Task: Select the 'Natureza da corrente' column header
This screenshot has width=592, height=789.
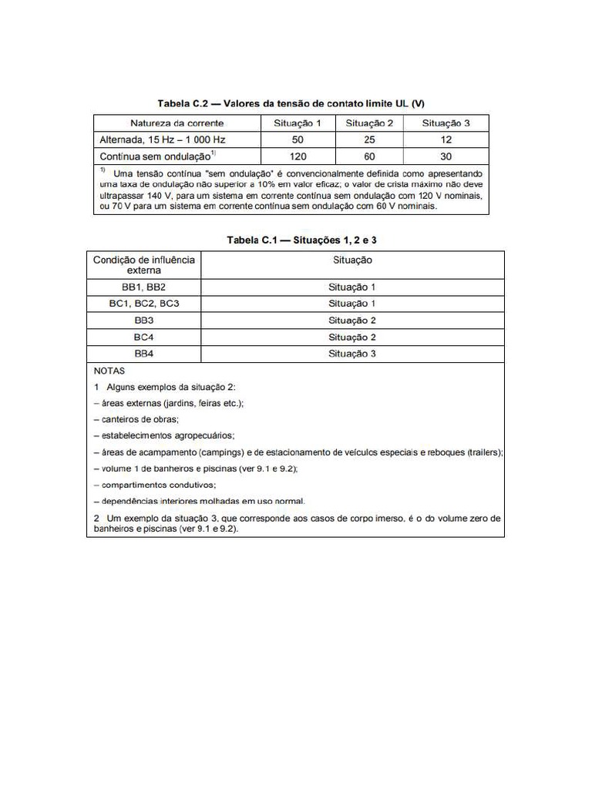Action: (x=177, y=123)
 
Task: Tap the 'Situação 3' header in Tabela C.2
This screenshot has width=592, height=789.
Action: (x=446, y=123)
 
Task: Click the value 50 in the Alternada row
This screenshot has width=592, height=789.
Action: (x=298, y=139)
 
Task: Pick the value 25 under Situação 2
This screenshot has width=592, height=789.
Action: (x=369, y=139)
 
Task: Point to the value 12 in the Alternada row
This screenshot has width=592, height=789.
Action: (x=446, y=139)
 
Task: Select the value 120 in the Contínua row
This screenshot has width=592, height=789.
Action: (x=298, y=156)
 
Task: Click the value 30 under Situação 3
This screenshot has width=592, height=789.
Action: (x=446, y=156)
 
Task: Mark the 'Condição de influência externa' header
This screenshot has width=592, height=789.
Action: (x=144, y=265)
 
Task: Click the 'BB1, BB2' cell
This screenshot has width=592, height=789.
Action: (x=144, y=287)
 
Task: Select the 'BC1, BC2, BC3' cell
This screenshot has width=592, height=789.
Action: (x=144, y=304)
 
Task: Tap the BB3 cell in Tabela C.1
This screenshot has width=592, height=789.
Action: (x=144, y=321)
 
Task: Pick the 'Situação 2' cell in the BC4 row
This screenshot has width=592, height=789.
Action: (x=352, y=337)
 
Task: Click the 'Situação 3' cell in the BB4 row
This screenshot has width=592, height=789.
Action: (x=352, y=354)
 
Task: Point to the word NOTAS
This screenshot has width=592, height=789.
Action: (x=109, y=371)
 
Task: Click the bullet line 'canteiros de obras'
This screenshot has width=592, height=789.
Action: (x=136, y=419)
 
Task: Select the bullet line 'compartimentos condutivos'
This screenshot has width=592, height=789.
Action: (x=155, y=485)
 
